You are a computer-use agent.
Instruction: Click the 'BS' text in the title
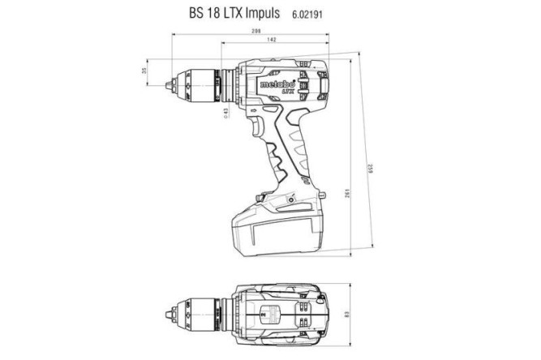point(195,14)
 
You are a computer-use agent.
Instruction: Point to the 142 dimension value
point(271,40)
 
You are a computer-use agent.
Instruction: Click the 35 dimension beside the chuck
point(145,71)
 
